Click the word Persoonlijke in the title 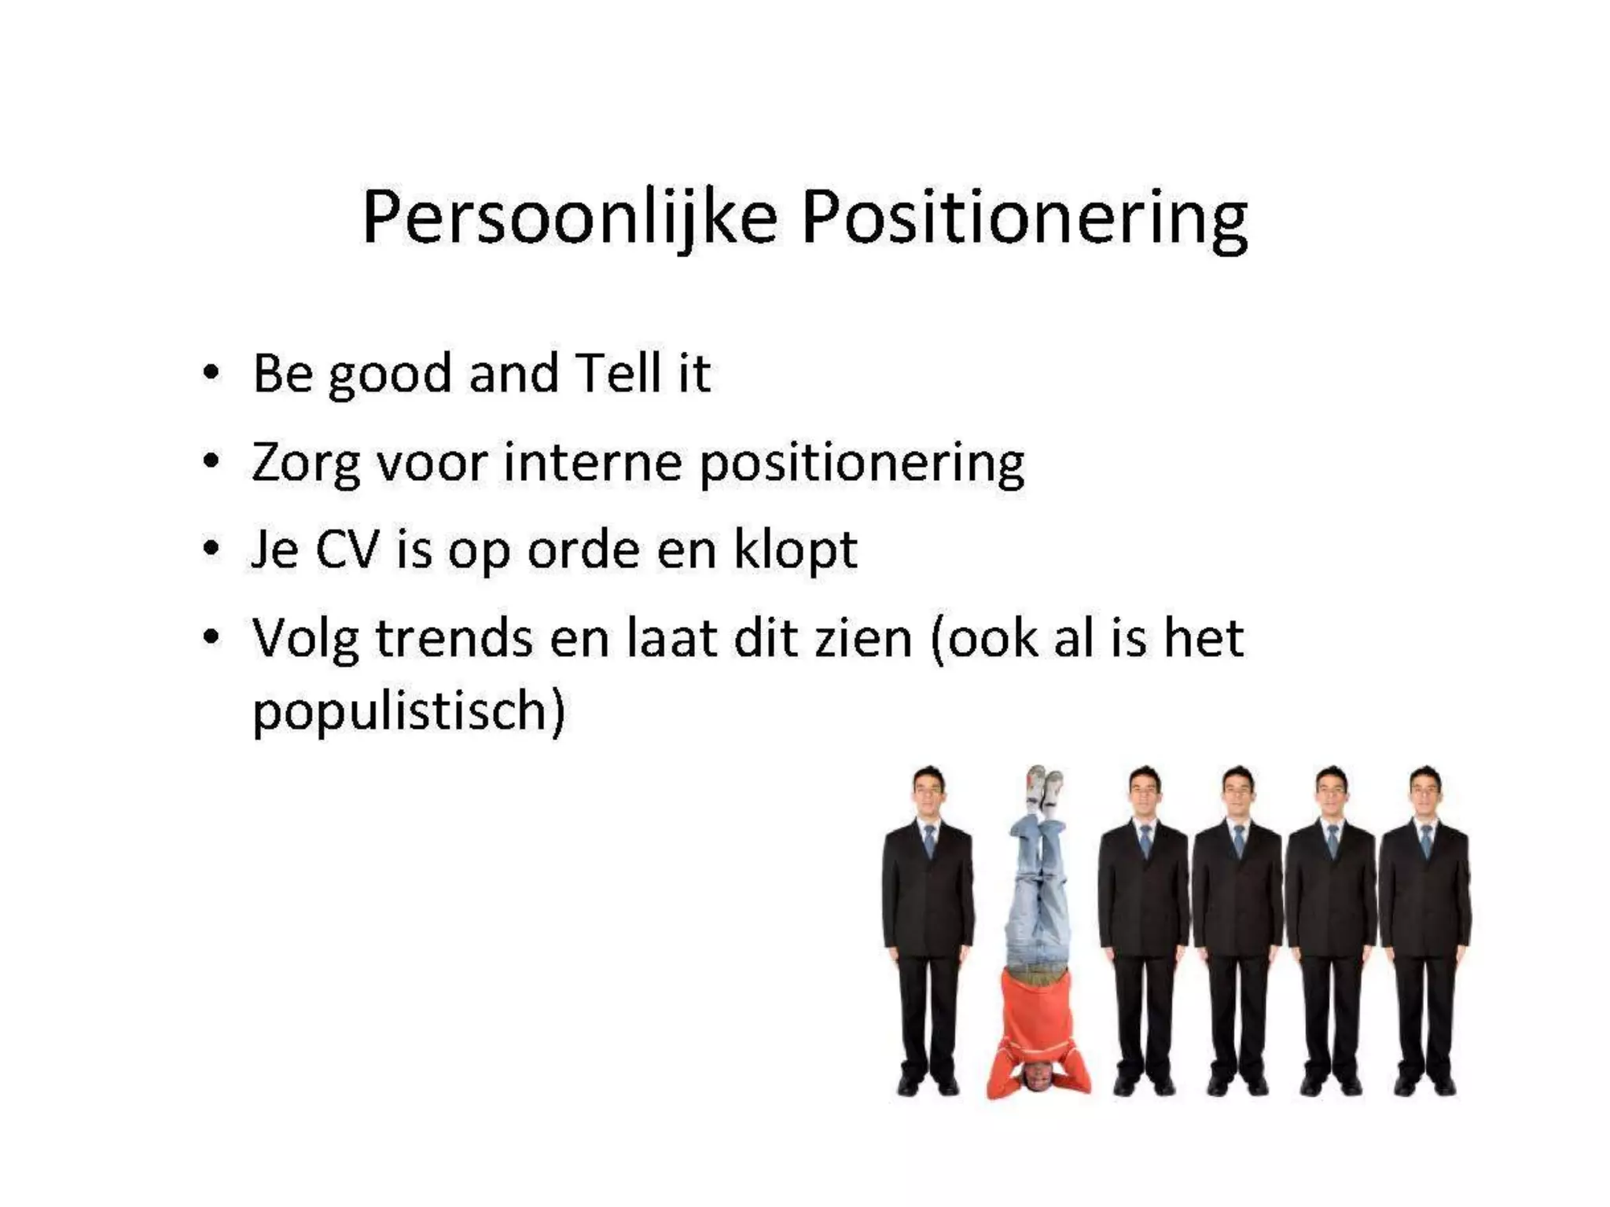point(569,218)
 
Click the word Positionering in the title point(1024,218)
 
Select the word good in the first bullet point(389,374)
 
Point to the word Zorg point(305,463)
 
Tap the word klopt point(795,550)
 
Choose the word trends point(454,637)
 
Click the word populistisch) point(409,711)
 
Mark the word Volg point(305,639)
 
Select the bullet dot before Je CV point(210,549)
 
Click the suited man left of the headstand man point(928,927)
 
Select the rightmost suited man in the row point(1424,927)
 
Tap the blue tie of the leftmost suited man point(929,841)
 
